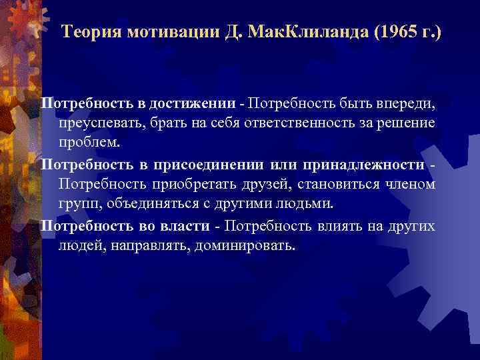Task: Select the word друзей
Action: click(271, 183)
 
